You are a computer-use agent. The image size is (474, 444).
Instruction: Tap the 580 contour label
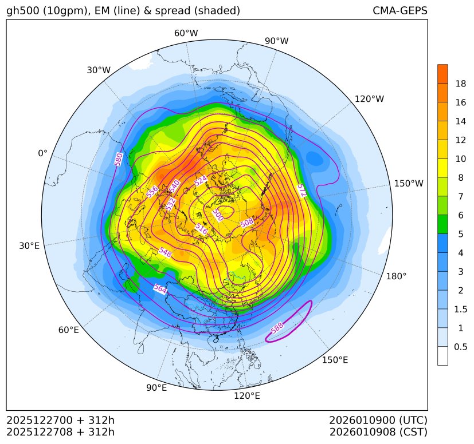119,160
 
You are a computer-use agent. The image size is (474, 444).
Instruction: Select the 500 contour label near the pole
218,215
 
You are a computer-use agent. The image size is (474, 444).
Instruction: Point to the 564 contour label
160,290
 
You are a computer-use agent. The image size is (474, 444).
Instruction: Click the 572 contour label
301,191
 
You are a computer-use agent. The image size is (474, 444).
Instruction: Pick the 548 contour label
165,252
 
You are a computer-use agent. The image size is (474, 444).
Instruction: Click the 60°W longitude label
186,33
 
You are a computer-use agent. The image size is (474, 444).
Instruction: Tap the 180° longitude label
396,276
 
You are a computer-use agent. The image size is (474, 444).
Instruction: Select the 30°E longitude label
29,246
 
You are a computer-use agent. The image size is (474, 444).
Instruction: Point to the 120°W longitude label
369,99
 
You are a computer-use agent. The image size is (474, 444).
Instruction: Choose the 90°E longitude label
156,388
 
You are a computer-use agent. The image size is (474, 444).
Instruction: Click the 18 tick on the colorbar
460,84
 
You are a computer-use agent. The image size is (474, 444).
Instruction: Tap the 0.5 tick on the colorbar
460,347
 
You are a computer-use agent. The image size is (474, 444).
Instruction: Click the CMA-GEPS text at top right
399,11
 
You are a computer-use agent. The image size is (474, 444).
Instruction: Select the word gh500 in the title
22,11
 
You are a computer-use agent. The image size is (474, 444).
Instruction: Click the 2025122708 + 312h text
60,431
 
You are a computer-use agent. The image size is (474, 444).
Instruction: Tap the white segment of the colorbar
442,356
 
